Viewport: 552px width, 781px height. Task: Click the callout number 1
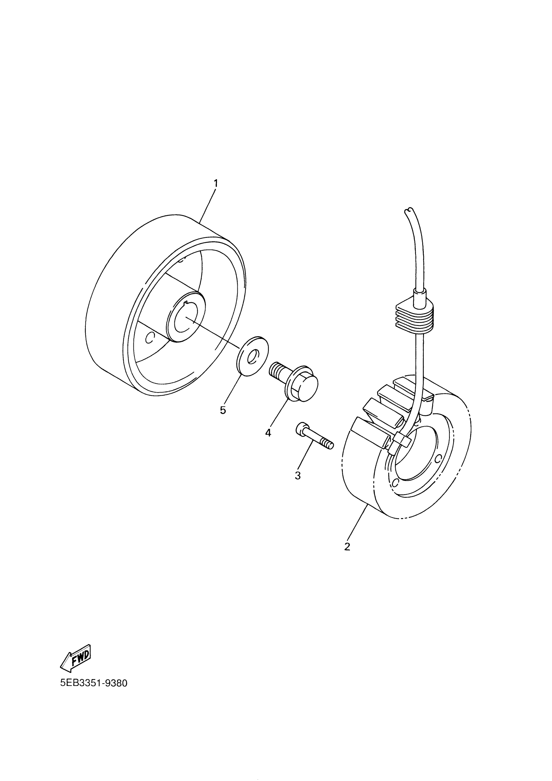click(x=215, y=183)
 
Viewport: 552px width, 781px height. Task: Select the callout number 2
click(x=347, y=547)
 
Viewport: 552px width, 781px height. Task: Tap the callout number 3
click(x=298, y=475)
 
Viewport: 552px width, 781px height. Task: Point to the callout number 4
click(x=268, y=433)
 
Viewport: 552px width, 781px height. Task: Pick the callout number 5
click(x=223, y=410)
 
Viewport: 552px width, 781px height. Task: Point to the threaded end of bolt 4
click(x=277, y=369)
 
